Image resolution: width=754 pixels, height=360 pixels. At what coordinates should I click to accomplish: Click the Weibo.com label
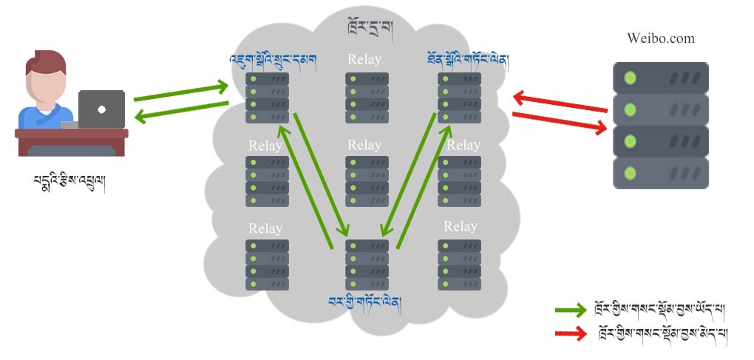tap(660, 38)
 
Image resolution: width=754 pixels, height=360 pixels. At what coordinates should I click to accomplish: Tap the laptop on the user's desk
tap(101, 109)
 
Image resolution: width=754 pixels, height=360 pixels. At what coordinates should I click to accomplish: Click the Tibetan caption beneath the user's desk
tap(69, 183)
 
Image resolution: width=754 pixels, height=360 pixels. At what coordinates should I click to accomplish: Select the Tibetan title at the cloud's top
tap(370, 29)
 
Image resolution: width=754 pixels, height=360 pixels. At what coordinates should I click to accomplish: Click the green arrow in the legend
tap(571, 310)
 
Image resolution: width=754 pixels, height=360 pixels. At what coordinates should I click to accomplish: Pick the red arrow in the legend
tap(571, 334)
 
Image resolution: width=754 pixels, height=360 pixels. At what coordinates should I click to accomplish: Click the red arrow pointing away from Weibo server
tap(560, 102)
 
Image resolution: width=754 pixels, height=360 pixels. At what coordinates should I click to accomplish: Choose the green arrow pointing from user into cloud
tap(181, 92)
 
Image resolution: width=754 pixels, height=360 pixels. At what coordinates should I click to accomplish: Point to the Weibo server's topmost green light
tap(630, 77)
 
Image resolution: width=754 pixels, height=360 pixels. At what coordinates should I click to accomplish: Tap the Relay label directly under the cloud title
tap(364, 59)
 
